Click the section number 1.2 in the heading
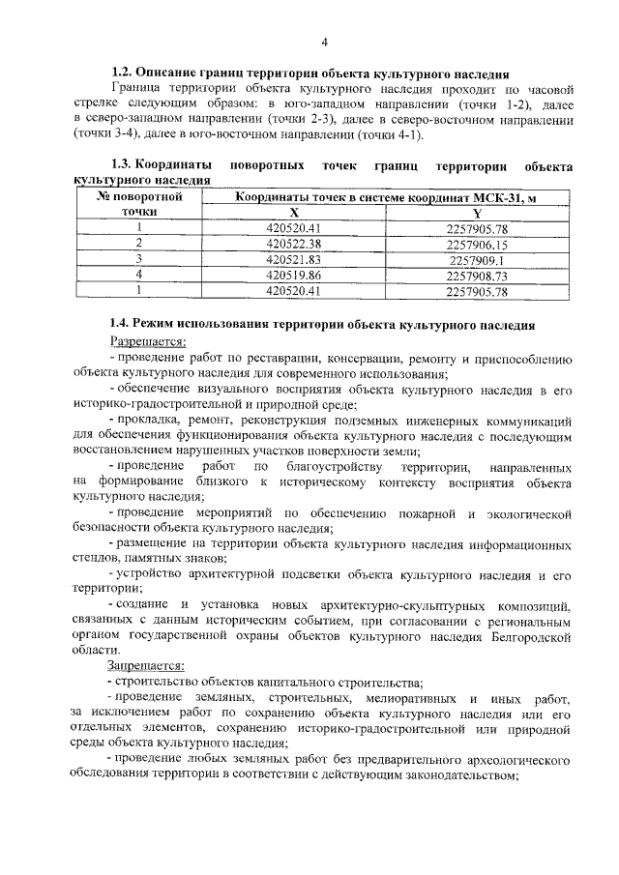[x=121, y=73]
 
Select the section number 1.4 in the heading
[x=121, y=323]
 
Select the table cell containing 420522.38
[x=294, y=245]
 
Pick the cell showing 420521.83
[x=294, y=260]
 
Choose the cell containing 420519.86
[x=294, y=276]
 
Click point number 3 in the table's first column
[x=139, y=260]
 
